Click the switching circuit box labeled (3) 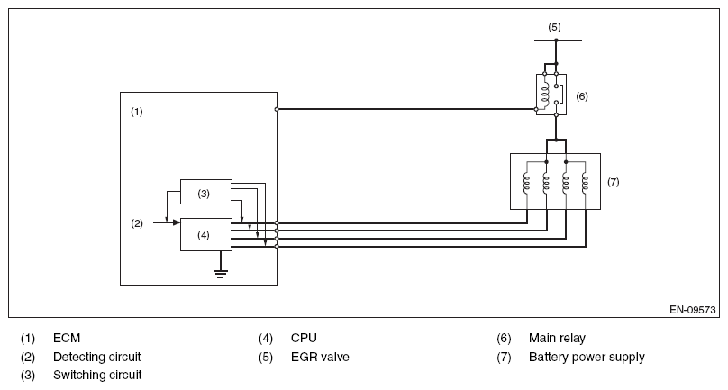pos(205,193)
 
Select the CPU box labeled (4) pos(205,234)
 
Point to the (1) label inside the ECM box pos(137,113)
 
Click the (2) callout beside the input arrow pos(137,222)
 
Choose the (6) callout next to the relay pos(582,95)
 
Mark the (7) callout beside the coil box pos(614,182)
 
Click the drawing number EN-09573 pos(691,308)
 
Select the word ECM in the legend pos(67,339)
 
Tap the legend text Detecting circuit pos(96,357)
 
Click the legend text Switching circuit pos(96,375)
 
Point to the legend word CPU pos(304,339)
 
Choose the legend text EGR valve pos(320,357)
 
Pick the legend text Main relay pos(557,339)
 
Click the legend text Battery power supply pos(587,357)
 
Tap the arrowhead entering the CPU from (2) pos(176,222)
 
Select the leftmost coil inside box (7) pos(525,184)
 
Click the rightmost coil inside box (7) pos(585,184)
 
